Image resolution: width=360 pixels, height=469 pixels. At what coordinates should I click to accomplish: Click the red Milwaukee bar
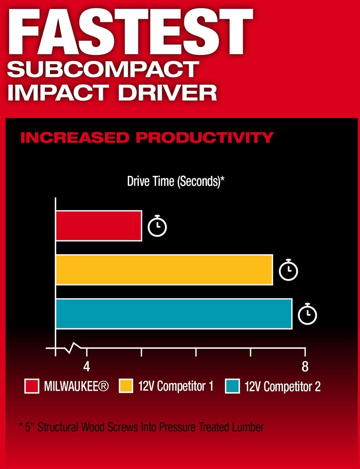99,226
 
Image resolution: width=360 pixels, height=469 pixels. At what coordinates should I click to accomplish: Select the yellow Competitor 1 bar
164,270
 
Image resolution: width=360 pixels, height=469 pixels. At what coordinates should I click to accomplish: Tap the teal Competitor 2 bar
174,314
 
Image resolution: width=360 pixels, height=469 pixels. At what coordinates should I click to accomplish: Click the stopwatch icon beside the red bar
157,226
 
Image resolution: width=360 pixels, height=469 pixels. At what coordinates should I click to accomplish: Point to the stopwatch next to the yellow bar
288,270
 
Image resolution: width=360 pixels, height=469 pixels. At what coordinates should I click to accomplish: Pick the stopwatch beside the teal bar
308,314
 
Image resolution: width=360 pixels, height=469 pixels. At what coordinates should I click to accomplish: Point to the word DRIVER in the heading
168,92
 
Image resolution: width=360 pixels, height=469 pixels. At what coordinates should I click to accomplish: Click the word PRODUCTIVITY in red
205,138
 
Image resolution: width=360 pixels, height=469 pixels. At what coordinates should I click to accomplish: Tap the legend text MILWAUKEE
76,386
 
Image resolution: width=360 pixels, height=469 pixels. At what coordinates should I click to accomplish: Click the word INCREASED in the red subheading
75,138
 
